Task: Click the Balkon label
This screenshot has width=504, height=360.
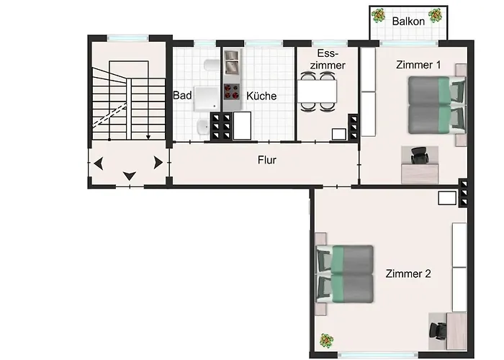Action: point(408,21)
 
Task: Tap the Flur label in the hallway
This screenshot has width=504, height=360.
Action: point(267,160)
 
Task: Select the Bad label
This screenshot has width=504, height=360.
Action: point(182,95)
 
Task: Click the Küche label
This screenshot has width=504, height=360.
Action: point(261,96)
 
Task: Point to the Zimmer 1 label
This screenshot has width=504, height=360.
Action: point(418,65)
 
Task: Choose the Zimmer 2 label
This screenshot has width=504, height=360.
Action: point(408,274)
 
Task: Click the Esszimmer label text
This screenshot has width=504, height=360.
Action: point(328,59)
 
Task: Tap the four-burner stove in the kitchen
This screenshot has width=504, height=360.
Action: point(232,91)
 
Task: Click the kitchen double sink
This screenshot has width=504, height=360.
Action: point(232,62)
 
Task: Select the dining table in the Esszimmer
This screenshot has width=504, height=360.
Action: point(317,91)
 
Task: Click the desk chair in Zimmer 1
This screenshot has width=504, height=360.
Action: point(420,155)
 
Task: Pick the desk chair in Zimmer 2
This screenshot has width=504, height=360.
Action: point(438,331)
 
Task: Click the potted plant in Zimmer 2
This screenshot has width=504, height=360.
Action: point(327,341)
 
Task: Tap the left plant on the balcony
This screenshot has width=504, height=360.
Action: point(379,15)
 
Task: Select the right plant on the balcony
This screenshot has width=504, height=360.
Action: point(435,15)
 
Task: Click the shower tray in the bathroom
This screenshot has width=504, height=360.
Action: point(207,99)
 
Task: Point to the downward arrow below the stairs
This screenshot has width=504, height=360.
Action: point(130,176)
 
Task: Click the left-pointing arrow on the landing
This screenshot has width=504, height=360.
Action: point(99,163)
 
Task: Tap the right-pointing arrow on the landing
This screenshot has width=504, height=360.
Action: point(158,163)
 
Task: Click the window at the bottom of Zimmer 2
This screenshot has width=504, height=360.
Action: point(378,355)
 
